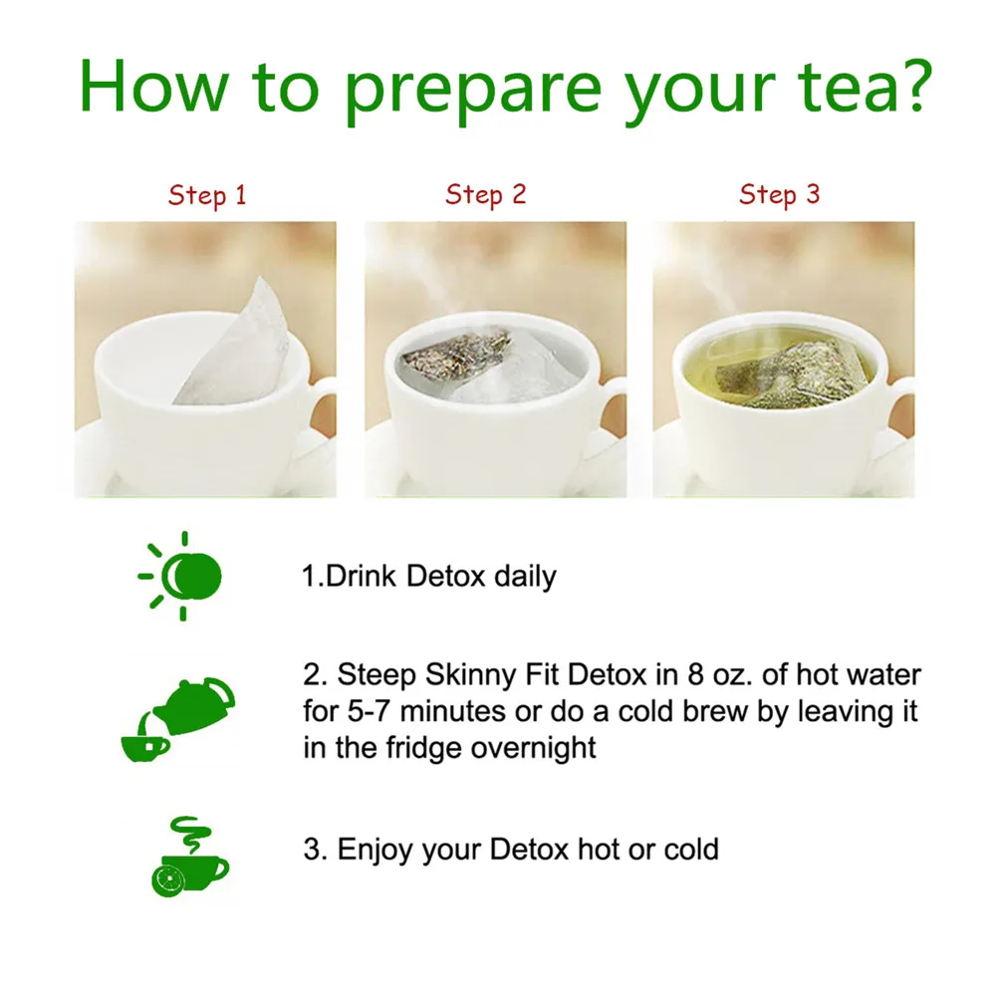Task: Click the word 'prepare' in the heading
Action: [x=473, y=89]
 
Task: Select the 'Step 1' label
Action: [x=207, y=195]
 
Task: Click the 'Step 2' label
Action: [x=486, y=194]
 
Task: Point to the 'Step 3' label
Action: [x=780, y=194]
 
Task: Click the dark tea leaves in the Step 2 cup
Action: [x=454, y=353]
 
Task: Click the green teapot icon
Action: [x=194, y=706]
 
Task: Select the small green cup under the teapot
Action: [x=144, y=748]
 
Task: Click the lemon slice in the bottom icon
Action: [x=167, y=880]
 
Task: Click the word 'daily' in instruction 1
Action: [x=525, y=577]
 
